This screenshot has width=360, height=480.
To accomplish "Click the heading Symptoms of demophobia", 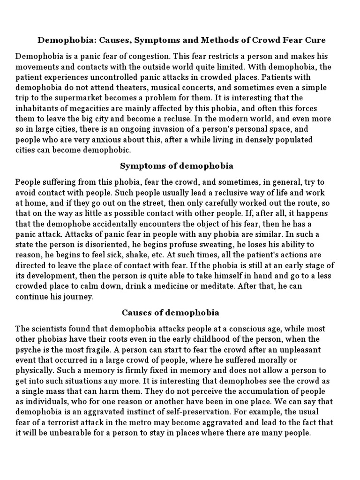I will tap(177, 166).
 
